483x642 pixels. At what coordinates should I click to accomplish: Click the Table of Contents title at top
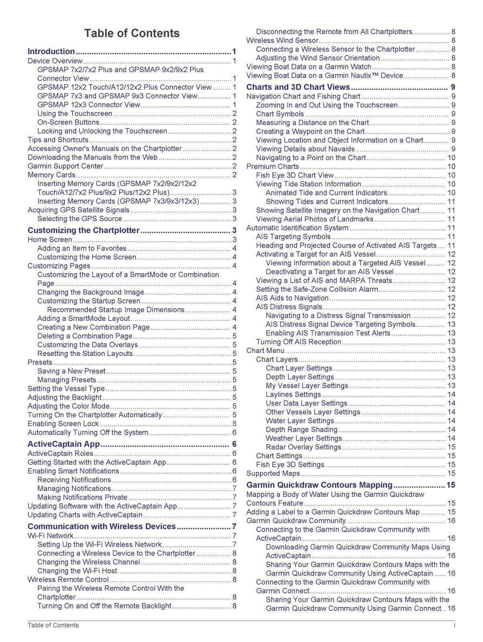point(132,33)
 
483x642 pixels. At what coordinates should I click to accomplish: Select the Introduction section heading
point(51,51)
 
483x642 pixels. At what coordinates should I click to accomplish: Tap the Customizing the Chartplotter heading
point(83,230)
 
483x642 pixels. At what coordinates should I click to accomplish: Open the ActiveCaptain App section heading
point(63,444)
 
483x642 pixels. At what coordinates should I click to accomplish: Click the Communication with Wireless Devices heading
point(101,526)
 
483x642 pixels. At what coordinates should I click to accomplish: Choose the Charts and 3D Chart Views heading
point(298,87)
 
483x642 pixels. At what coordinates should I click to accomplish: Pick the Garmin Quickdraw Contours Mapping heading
point(319,485)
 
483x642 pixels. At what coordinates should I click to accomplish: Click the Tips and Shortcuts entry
point(58,140)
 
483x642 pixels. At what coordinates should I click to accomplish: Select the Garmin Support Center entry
point(65,166)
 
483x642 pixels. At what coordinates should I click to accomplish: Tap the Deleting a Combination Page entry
point(85,336)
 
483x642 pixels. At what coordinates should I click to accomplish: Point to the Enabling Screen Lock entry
point(63,424)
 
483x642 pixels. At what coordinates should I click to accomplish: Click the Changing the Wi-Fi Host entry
point(77,571)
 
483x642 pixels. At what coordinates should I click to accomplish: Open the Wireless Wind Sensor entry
point(282,41)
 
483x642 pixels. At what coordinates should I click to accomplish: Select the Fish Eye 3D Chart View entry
point(295,175)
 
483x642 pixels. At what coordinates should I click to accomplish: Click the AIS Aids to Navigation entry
point(292,298)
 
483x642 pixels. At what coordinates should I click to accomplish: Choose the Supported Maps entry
point(273,473)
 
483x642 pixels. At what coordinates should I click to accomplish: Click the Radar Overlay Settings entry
point(303,447)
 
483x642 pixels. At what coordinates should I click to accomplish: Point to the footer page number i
point(454,625)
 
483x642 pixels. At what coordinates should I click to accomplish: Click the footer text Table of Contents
point(53,625)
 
